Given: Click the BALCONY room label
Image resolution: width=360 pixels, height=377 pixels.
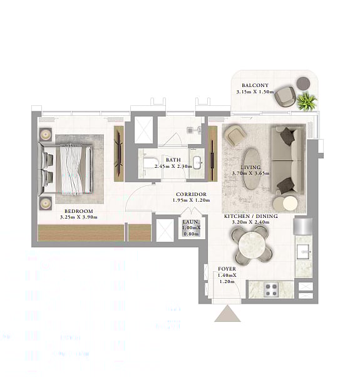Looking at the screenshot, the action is (255, 85).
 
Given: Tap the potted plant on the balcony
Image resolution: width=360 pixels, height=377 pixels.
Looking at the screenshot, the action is (307, 101).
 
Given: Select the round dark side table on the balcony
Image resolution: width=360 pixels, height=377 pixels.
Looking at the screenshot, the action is (303, 83).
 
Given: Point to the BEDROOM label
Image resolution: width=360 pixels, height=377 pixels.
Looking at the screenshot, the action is (79, 211).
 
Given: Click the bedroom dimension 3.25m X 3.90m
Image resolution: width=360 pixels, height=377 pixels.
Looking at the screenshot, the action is (79, 217).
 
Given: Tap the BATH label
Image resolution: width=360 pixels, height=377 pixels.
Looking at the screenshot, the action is (173, 160).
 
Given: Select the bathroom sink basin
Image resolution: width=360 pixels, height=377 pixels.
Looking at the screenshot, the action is (197, 163).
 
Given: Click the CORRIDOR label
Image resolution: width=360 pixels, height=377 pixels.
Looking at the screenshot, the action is (192, 194).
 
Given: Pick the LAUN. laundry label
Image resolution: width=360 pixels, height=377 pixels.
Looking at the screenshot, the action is (191, 222).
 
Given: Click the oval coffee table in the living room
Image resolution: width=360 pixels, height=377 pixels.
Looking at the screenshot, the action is (252, 168).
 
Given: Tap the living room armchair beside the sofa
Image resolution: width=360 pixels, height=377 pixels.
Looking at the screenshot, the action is (234, 135).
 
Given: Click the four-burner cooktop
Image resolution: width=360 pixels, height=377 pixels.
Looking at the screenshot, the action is (271, 289).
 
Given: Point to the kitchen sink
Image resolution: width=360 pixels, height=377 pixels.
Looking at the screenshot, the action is (304, 252).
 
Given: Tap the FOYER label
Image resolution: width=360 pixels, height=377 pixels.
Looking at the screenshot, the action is (227, 269).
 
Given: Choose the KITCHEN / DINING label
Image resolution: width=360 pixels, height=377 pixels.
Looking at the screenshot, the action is (251, 217).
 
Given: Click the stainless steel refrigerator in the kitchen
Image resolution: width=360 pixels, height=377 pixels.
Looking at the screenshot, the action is (303, 226).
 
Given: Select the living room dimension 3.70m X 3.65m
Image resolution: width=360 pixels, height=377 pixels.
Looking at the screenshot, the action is (250, 173).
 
